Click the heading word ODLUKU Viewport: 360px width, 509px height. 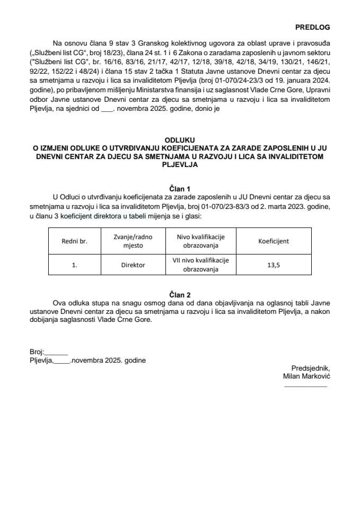tap(180, 141)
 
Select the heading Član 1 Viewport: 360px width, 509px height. tap(180, 188)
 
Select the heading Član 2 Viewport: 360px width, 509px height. tap(180, 295)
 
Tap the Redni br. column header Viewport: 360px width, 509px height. tap(74, 241)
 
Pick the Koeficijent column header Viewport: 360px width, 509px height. tap(274, 241)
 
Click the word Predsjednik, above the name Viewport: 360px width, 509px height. tap(311, 368)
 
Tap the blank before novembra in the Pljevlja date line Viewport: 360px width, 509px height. tap(62, 361)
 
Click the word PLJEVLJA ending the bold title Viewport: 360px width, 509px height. tap(180, 164)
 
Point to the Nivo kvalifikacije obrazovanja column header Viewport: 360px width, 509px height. tap(197, 241)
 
